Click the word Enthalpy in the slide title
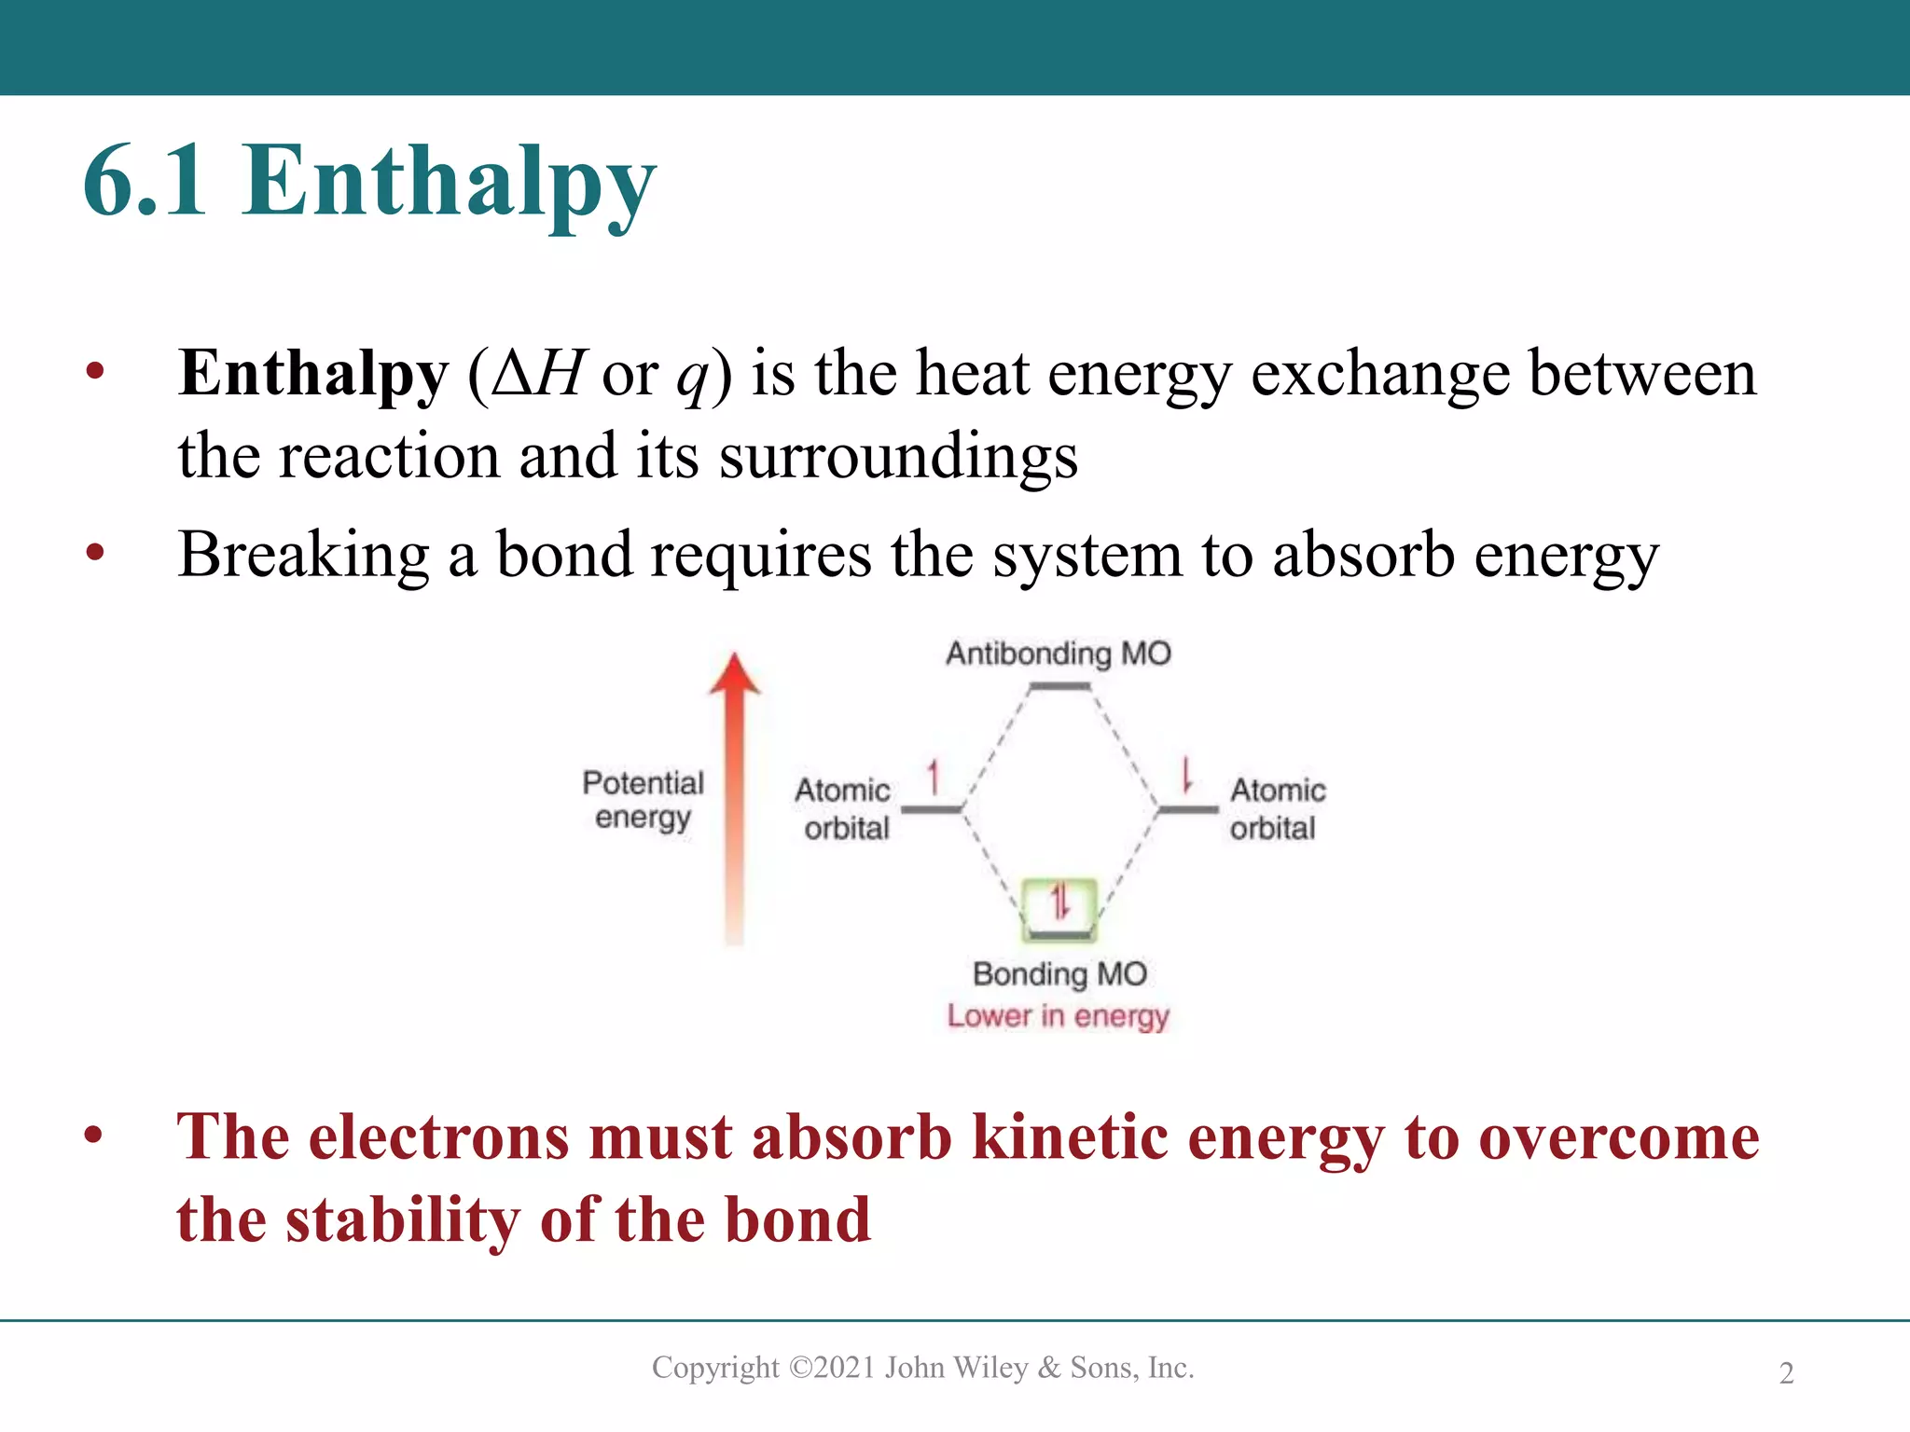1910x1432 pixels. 449,183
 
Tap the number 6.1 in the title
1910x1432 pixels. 145,183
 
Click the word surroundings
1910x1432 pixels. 898,458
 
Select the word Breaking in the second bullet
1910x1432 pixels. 304,556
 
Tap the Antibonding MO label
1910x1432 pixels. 1058,654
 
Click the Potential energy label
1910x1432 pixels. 643,799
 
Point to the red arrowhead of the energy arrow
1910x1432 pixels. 735,673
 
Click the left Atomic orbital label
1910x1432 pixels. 844,808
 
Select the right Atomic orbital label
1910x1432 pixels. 1276,808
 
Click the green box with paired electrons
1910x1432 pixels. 1059,906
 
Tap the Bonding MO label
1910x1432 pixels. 1059,974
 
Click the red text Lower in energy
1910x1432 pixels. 1058,1016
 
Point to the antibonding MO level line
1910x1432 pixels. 1059,687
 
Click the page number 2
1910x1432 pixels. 1786,1373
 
